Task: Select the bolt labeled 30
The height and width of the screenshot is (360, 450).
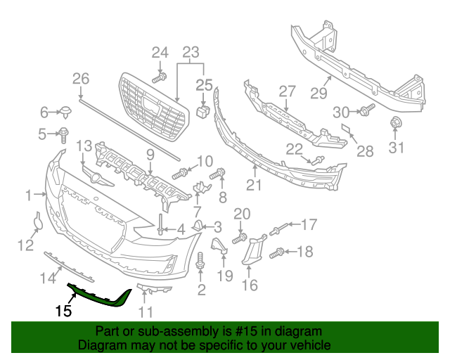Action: click(x=366, y=110)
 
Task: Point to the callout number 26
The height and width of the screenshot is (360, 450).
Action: click(x=81, y=78)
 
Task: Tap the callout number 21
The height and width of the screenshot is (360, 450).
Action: click(x=253, y=185)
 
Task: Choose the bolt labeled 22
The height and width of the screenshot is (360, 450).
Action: click(x=316, y=161)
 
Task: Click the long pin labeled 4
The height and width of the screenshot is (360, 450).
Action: click(x=161, y=221)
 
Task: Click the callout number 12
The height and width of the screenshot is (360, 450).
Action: click(x=25, y=245)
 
